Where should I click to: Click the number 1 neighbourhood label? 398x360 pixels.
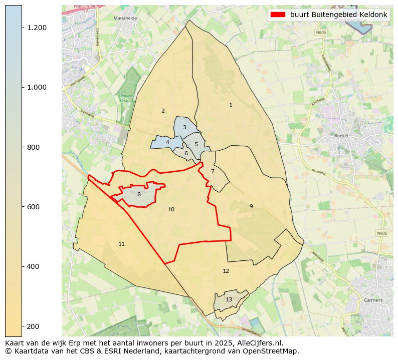click(x=231, y=105)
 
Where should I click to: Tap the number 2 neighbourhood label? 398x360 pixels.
click(x=163, y=111)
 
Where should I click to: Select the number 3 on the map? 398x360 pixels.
click(x=184, y=128)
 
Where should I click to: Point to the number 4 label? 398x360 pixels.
click(x=167, y=143)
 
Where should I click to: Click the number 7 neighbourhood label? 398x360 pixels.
click(x=213, y=171)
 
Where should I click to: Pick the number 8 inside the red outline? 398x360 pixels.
click(x=139, y=194)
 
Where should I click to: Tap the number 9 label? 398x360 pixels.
click(x=251, y=206)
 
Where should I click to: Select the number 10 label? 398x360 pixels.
click(x=171, y=209)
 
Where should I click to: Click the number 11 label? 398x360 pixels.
click(x=121, y=244)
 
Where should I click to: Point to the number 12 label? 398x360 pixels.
click(x=226, y=271)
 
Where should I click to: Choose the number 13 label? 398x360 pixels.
click(x=229, y=299)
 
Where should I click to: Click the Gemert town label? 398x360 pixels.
click(x=373, y=300)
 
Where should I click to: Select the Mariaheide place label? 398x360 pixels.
click(x=125, y=18)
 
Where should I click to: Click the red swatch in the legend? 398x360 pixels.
click(x=278, y=15)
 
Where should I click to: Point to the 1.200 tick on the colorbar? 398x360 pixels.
click(x=37, y=28)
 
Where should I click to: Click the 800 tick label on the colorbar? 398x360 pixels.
click(x=33, y=147)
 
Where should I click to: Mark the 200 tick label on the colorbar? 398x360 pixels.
click(x=33, y=326)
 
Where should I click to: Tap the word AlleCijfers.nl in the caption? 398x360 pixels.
click(x=258, y=343)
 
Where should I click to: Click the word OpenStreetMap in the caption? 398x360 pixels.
click(x=274, y=351)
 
